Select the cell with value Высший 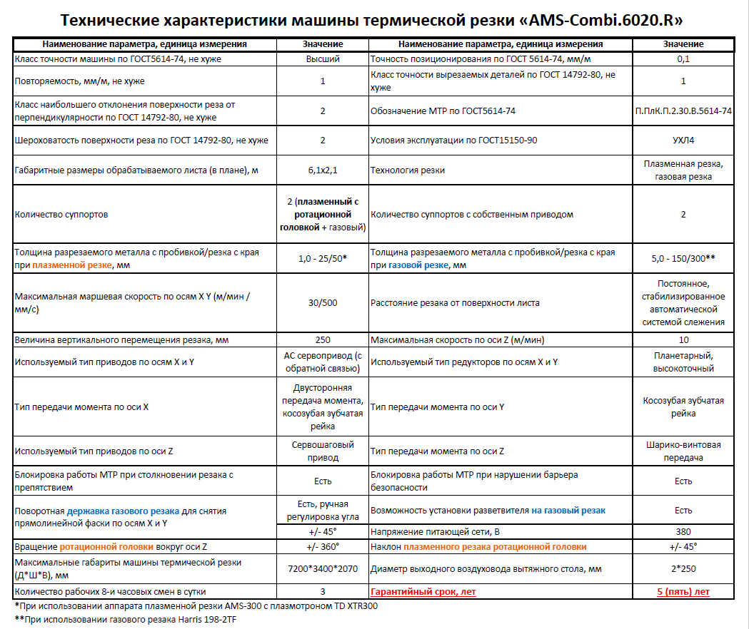click(323, 59)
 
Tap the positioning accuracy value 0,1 click(683, 59)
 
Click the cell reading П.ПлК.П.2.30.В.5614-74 click(683, 111)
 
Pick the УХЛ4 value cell click(683, 140)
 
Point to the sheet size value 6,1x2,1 click(323, 170)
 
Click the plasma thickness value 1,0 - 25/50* click(323, 259)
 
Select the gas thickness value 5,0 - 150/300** click(683, 259)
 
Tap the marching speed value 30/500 click(323, 302)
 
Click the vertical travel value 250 click(323, 339)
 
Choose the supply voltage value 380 click(683, 532)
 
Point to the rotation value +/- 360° click(323, 547)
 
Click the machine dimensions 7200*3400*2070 click(323, 569)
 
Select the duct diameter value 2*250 click(683, 569)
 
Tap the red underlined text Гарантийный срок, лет click(423, 592)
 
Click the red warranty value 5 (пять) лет click(683, 592)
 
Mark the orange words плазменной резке click(71, 265)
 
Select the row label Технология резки click(407, 170)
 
